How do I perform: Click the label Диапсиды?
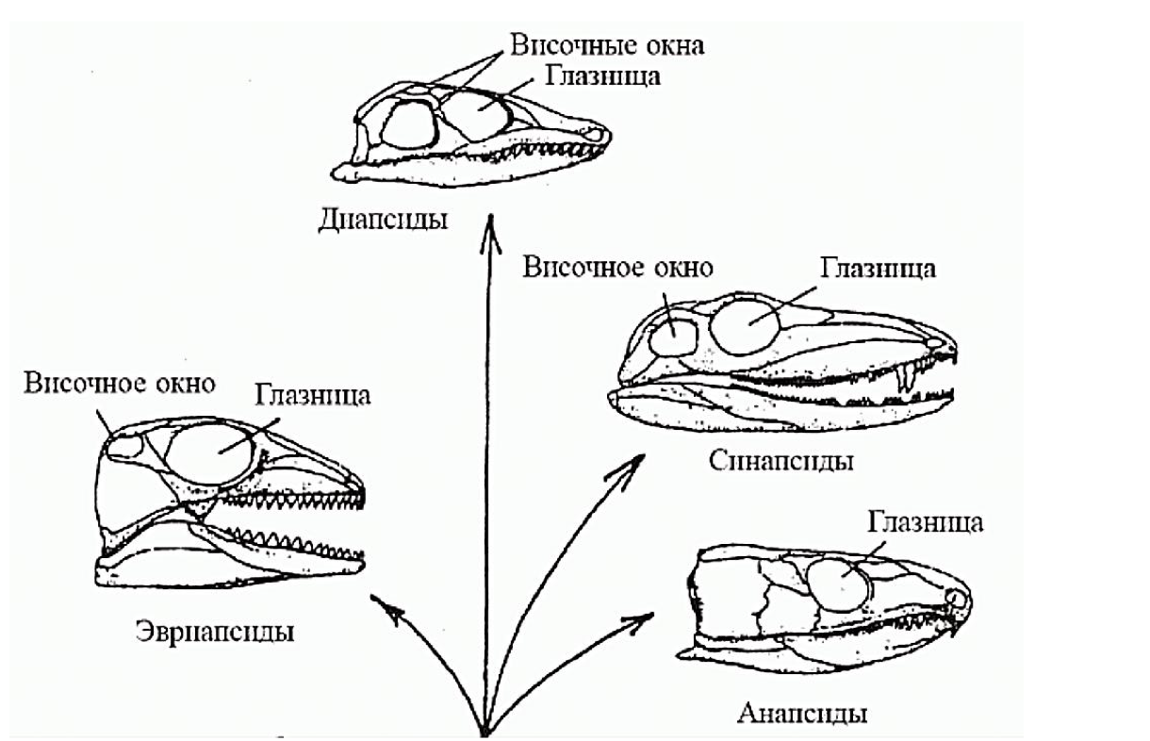coord(384,221)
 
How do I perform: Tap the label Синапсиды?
coord(780,461)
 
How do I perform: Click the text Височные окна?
coord(607,43)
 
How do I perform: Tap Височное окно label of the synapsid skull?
coord(618,267)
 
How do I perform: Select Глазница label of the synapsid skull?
coord(878,268)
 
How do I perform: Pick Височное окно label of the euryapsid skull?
coord(121,383)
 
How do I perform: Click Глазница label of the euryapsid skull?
coord(313,394)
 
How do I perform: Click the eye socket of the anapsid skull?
coord(839,584)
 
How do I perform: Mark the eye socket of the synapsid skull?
coord(745,322)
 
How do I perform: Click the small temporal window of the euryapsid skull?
coord(123,445)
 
